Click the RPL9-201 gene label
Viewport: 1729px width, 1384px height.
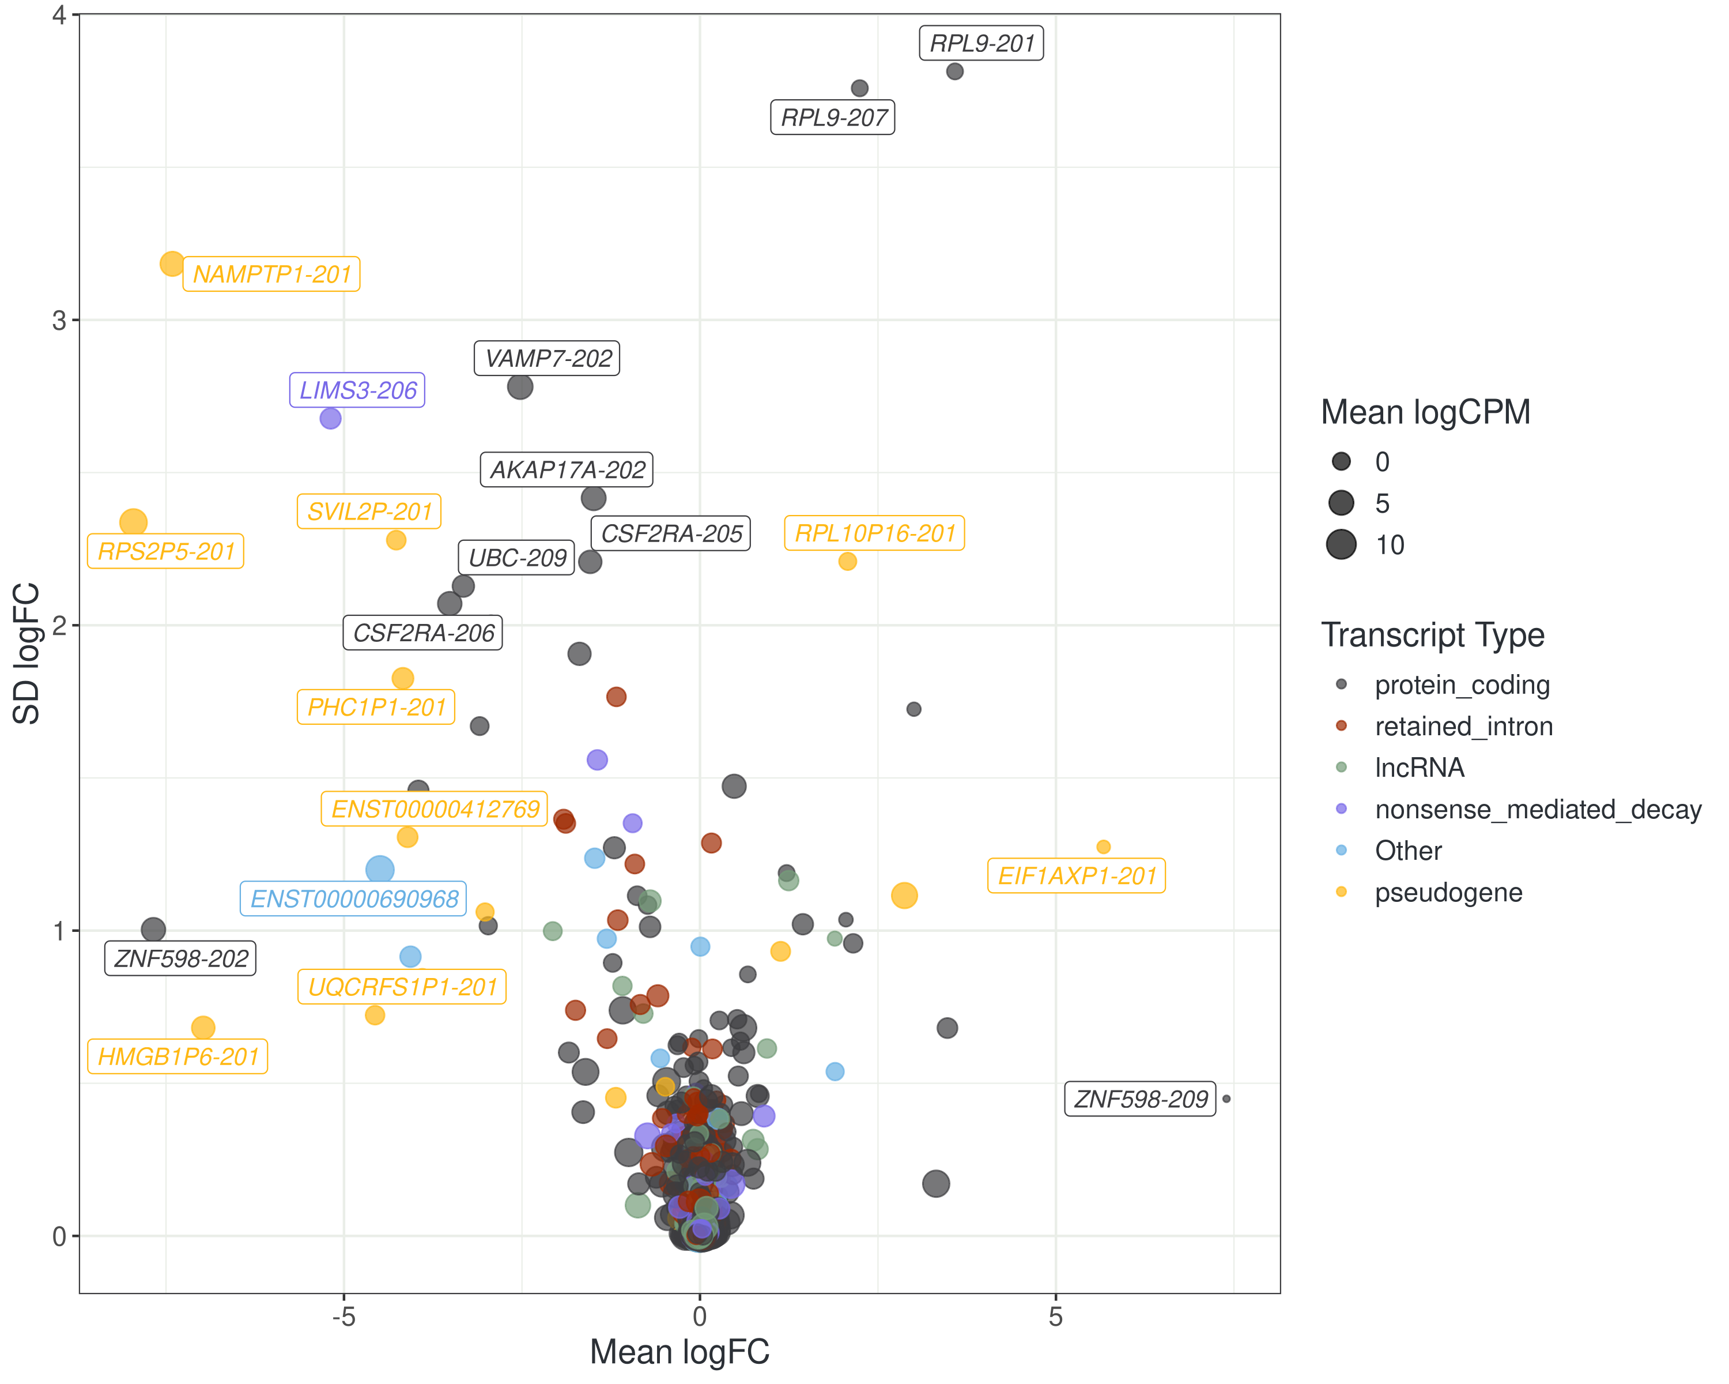point(981,43)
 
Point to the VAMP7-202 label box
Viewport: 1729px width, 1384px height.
point(548,359)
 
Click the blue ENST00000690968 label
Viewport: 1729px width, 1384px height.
point(354,898)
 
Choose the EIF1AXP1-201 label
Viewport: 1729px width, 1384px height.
point(1076,875)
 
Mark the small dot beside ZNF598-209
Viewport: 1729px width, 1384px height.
point(1226,1099)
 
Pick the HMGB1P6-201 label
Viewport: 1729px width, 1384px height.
point(178,1056)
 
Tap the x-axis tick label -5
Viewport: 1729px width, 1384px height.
point(343,1317)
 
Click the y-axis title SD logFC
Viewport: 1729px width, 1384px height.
point(27,653)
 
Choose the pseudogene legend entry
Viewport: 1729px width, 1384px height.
point(1448,892)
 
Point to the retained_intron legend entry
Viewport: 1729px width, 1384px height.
point(1463,726)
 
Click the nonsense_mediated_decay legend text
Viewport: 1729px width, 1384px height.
point(1537,810)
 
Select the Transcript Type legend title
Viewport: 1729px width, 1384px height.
point(1432,635)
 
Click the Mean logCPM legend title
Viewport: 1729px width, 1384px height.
point(1425,412)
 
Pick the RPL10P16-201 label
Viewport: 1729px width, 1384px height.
point(874,533)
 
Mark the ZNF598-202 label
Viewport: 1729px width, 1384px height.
point(180,959)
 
